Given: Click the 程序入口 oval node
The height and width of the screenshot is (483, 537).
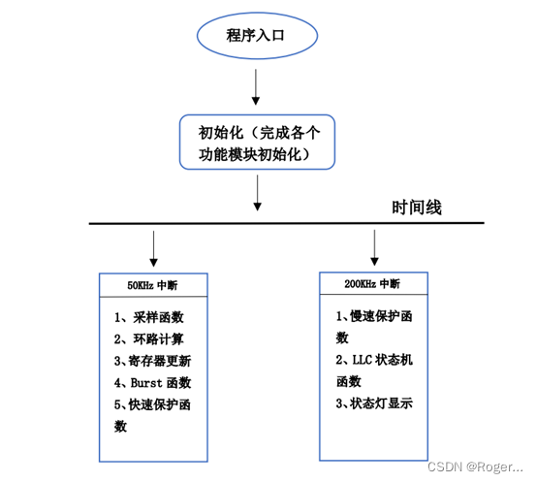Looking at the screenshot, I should coord(258,37).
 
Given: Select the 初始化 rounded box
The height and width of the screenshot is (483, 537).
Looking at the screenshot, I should coord(259,142).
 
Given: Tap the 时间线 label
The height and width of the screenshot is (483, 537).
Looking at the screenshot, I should coord(417,208).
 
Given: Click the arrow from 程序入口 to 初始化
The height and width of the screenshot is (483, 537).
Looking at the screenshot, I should coord(257,87).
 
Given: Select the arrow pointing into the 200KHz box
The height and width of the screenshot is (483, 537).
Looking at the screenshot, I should coord(374,247).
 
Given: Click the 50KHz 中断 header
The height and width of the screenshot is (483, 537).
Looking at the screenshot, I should coord(152,285).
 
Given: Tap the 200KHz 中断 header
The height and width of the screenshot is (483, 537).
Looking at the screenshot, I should coord(374,284).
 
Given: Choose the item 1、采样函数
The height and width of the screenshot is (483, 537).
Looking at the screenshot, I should coord(149,317).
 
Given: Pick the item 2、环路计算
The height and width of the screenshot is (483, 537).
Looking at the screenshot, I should coord(149,339).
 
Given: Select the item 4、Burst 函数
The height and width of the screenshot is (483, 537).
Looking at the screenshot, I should coord(153,382).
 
